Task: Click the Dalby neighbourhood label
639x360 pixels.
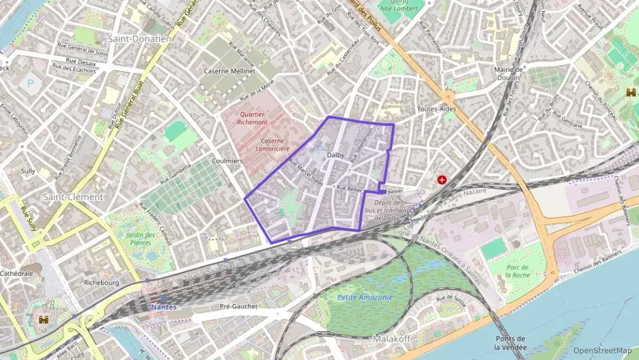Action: [336, 155]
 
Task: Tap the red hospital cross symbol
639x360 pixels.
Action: [442, 180]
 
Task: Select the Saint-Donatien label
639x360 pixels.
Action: [139, 39]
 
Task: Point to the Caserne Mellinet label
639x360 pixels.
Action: [229, 70]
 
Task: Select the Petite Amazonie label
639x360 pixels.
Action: [365, 297]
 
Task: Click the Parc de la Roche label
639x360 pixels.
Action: [518, 271]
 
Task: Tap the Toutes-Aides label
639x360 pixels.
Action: [436, 109]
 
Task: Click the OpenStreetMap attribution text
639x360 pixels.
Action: [602, 350]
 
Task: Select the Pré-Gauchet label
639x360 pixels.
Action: [239, 307]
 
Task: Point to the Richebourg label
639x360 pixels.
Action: [100, 282]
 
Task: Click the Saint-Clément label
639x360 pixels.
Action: [73, 197]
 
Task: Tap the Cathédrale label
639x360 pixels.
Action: [16, 273]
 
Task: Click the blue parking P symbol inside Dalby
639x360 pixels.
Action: [318, 149]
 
